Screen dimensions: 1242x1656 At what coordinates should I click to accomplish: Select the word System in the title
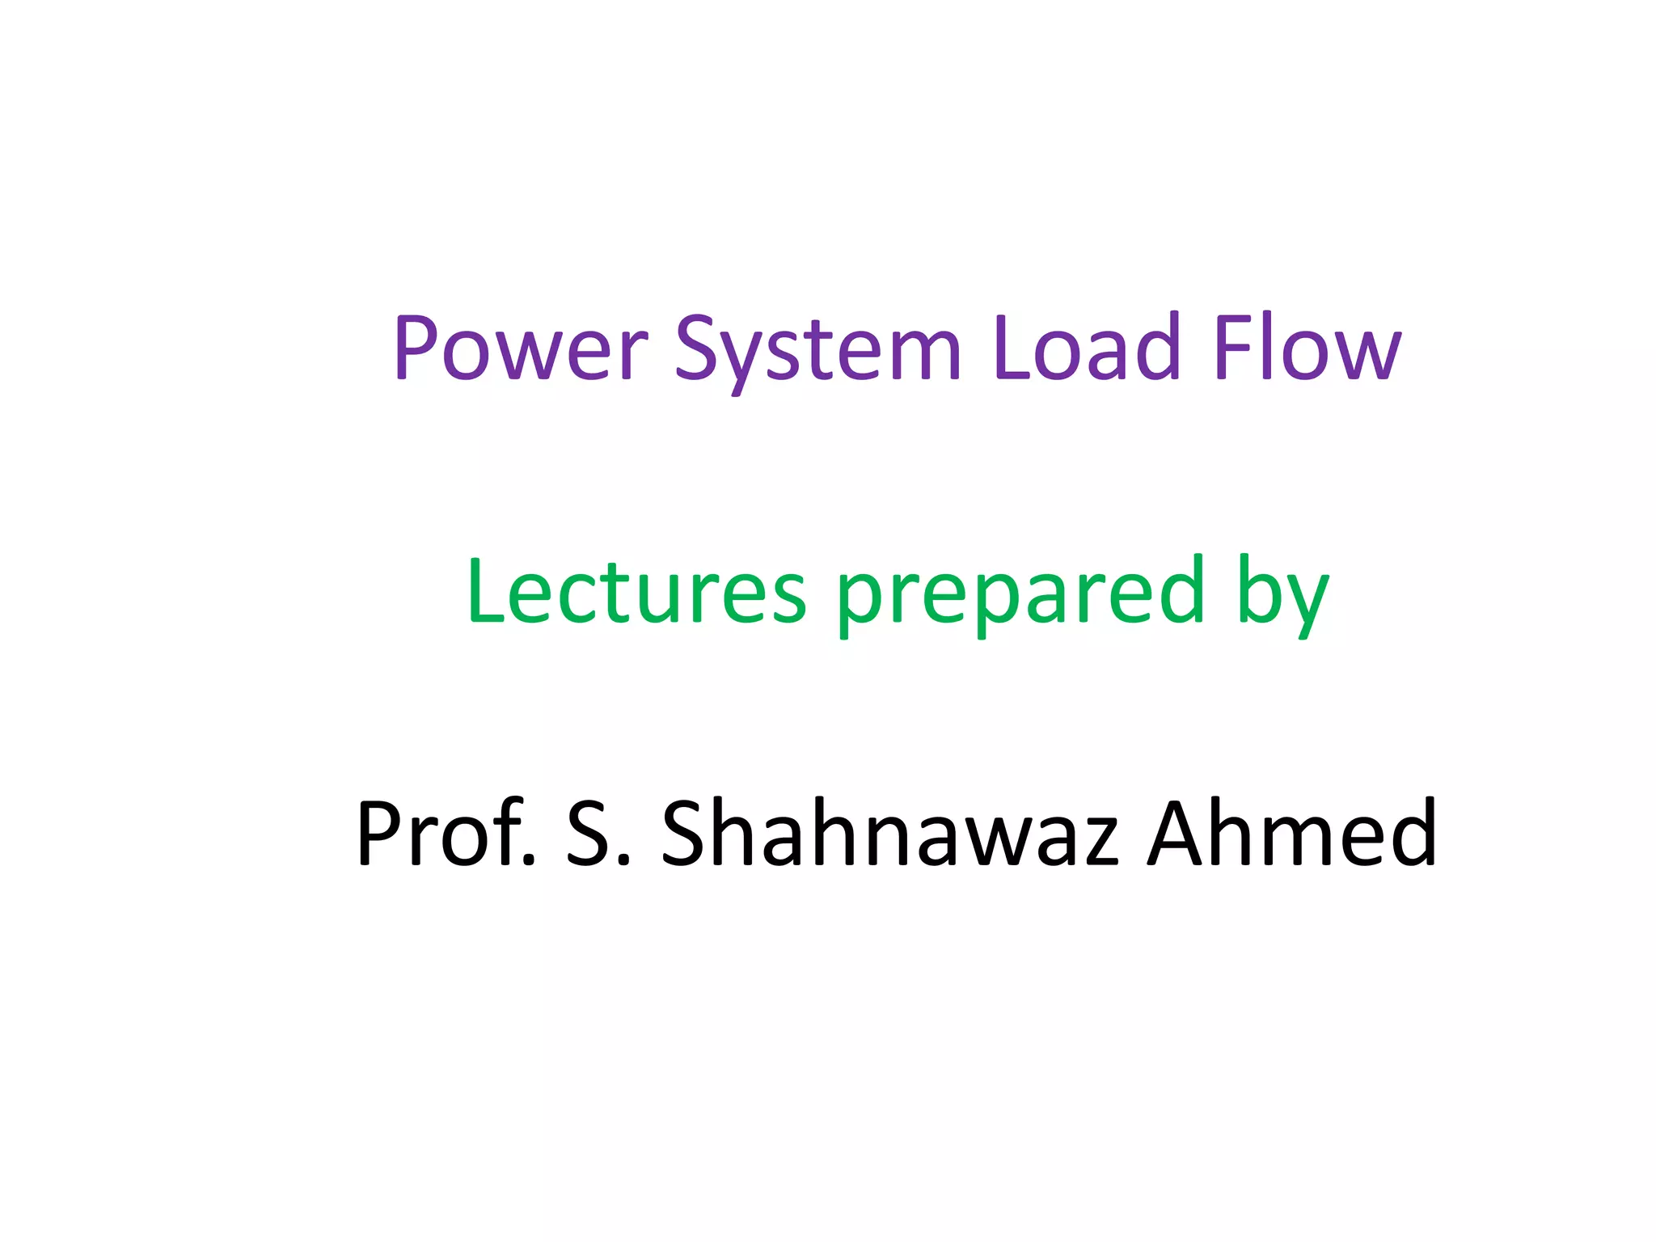pos(817,349)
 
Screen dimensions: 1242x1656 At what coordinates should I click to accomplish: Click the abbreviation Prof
pos(446,833)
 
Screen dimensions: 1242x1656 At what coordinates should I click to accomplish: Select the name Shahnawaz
pos(889,833)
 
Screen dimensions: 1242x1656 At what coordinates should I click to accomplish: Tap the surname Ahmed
pos(1292,833)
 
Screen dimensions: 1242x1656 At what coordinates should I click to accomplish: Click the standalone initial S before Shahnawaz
pos(587,833)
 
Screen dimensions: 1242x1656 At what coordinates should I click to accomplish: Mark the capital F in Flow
pos(1233,348)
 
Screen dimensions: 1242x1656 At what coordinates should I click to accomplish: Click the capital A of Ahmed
pos(1180,833)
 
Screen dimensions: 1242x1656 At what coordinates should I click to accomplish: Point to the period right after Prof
pos(530,862)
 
